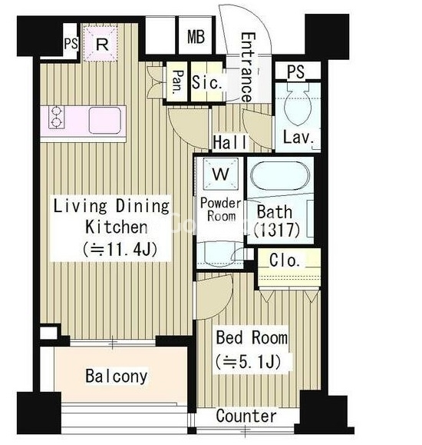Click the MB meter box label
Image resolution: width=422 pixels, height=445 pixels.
196,36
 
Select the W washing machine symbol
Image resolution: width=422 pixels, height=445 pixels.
221,174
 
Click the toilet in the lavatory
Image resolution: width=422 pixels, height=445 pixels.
298,105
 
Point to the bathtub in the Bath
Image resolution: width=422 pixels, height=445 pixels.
280,176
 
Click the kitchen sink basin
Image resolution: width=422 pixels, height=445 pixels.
105,121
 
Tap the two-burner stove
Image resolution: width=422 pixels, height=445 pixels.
56,117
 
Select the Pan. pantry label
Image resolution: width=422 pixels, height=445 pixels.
178,82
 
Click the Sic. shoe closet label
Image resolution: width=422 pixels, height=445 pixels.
206,82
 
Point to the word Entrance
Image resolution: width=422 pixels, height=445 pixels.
247,68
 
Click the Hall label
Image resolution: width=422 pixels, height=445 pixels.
230,142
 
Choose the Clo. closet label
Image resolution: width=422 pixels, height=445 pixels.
285,260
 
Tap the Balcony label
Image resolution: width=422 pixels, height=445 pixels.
117,377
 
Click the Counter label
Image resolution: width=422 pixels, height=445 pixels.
246,416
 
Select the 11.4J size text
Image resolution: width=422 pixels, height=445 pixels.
120,250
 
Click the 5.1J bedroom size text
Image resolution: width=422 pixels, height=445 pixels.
249,362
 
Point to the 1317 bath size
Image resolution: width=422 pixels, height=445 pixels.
277,230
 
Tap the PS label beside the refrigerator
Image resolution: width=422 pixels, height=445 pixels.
71,44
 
